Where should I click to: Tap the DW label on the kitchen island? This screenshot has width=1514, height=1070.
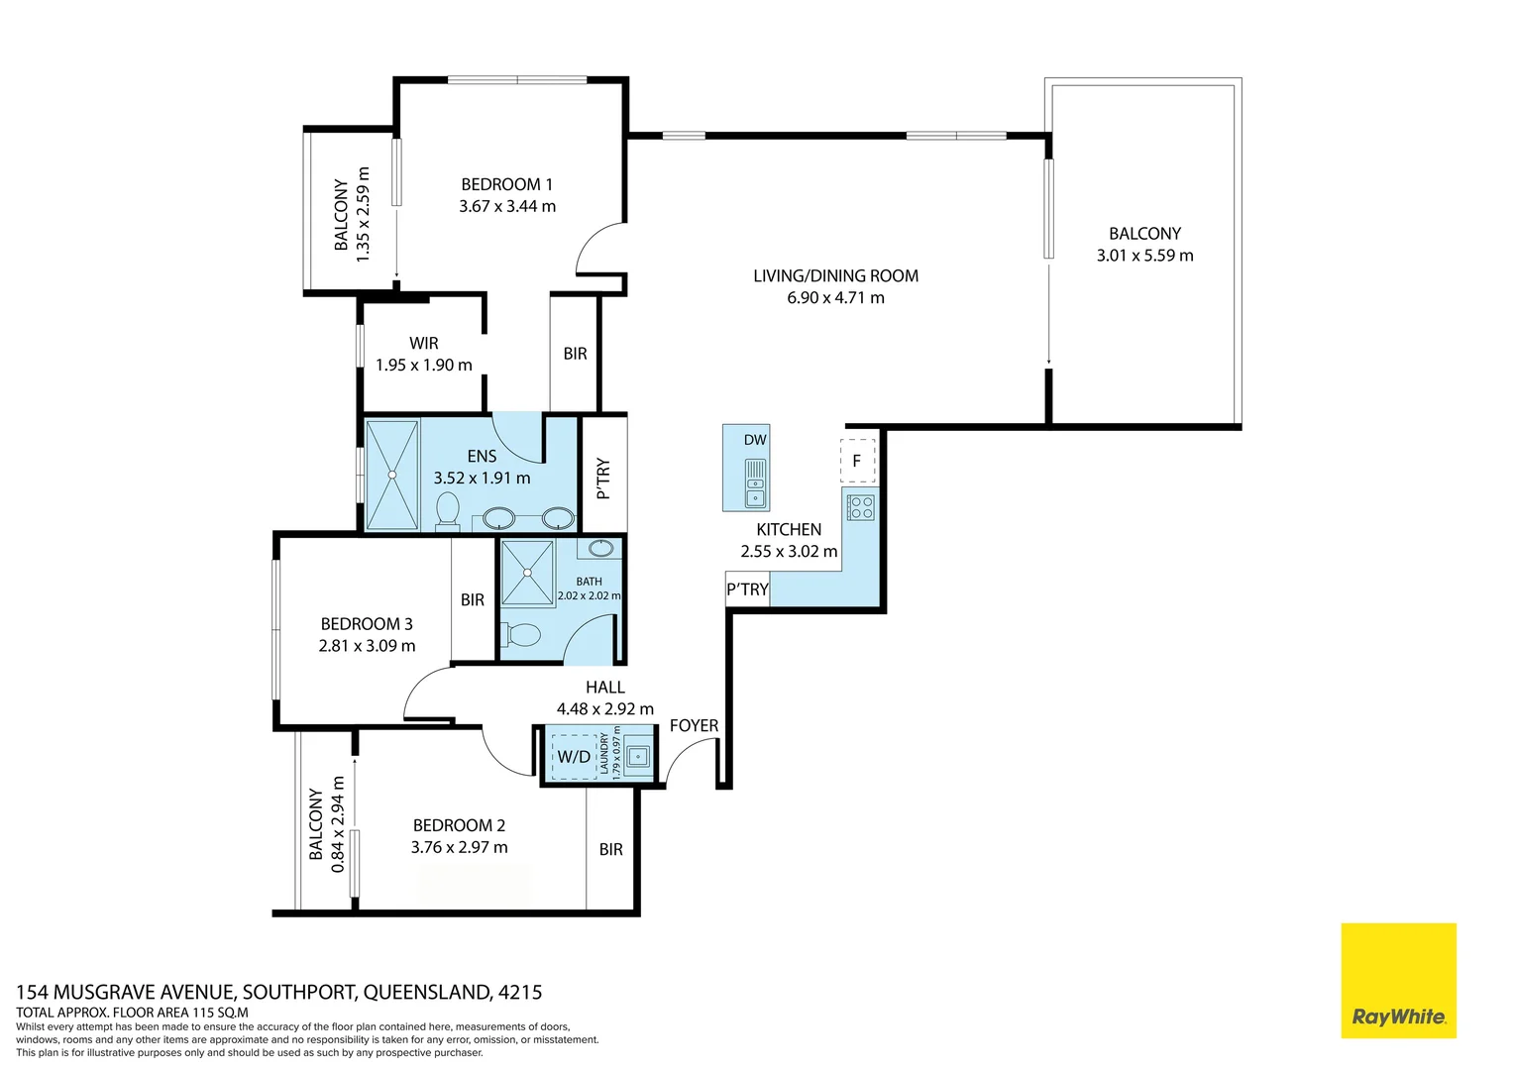point(755,440)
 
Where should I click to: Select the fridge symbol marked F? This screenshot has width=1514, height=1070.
point(858,461)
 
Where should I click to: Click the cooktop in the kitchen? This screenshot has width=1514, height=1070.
point(860,507)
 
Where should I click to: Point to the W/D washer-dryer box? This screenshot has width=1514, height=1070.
point(574,756)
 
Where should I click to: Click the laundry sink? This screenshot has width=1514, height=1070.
point(637,756)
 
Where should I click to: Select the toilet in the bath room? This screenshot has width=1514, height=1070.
point(521,635)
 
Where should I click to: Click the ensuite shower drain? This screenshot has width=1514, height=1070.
point(392,476)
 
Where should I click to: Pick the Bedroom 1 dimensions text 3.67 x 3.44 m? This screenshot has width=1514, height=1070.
point(507,206)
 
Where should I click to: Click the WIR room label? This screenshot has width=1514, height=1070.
point(424,343)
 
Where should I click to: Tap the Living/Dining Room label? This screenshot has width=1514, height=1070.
point(836,275)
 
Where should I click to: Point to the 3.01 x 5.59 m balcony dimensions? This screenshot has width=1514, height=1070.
point(1145,256)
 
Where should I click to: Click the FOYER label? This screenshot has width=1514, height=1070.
point(695,725)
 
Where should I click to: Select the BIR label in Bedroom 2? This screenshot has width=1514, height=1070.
point(611,850)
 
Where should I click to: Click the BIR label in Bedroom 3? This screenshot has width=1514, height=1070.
point(473,599)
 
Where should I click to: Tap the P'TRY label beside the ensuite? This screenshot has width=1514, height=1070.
point(604,479)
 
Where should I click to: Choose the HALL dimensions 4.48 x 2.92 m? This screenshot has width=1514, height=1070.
point(605,709)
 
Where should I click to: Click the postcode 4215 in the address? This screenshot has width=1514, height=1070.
point(520,993)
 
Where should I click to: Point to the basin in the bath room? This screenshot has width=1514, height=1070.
point(600,548)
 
